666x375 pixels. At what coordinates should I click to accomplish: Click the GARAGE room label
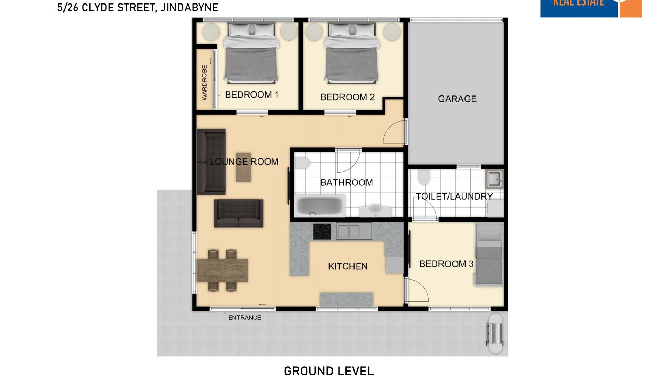tap(457, 99)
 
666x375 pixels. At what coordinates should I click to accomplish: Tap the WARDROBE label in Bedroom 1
tap(204, 82)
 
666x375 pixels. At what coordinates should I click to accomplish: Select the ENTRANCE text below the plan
tap(245, 318)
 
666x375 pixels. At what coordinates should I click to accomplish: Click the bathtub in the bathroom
tap(319, 206)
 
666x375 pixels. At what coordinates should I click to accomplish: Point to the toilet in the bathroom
tap(302, 163)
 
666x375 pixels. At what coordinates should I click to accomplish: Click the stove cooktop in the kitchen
tap(322, 232)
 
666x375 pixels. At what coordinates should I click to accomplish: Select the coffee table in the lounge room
tap(244, 167)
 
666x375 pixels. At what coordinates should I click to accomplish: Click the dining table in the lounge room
tap(222, 270)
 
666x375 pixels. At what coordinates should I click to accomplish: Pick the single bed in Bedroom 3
tap(489, 255)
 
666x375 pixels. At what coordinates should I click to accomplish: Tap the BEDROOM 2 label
tap(347, 97)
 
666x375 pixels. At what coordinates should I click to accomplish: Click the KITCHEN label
tap(348, 266)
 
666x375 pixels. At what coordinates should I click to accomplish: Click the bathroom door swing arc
tap(348, 161)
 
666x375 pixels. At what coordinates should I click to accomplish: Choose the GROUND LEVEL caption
tap(329, 370)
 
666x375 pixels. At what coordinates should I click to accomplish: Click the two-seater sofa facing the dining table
tap(238, 213)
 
